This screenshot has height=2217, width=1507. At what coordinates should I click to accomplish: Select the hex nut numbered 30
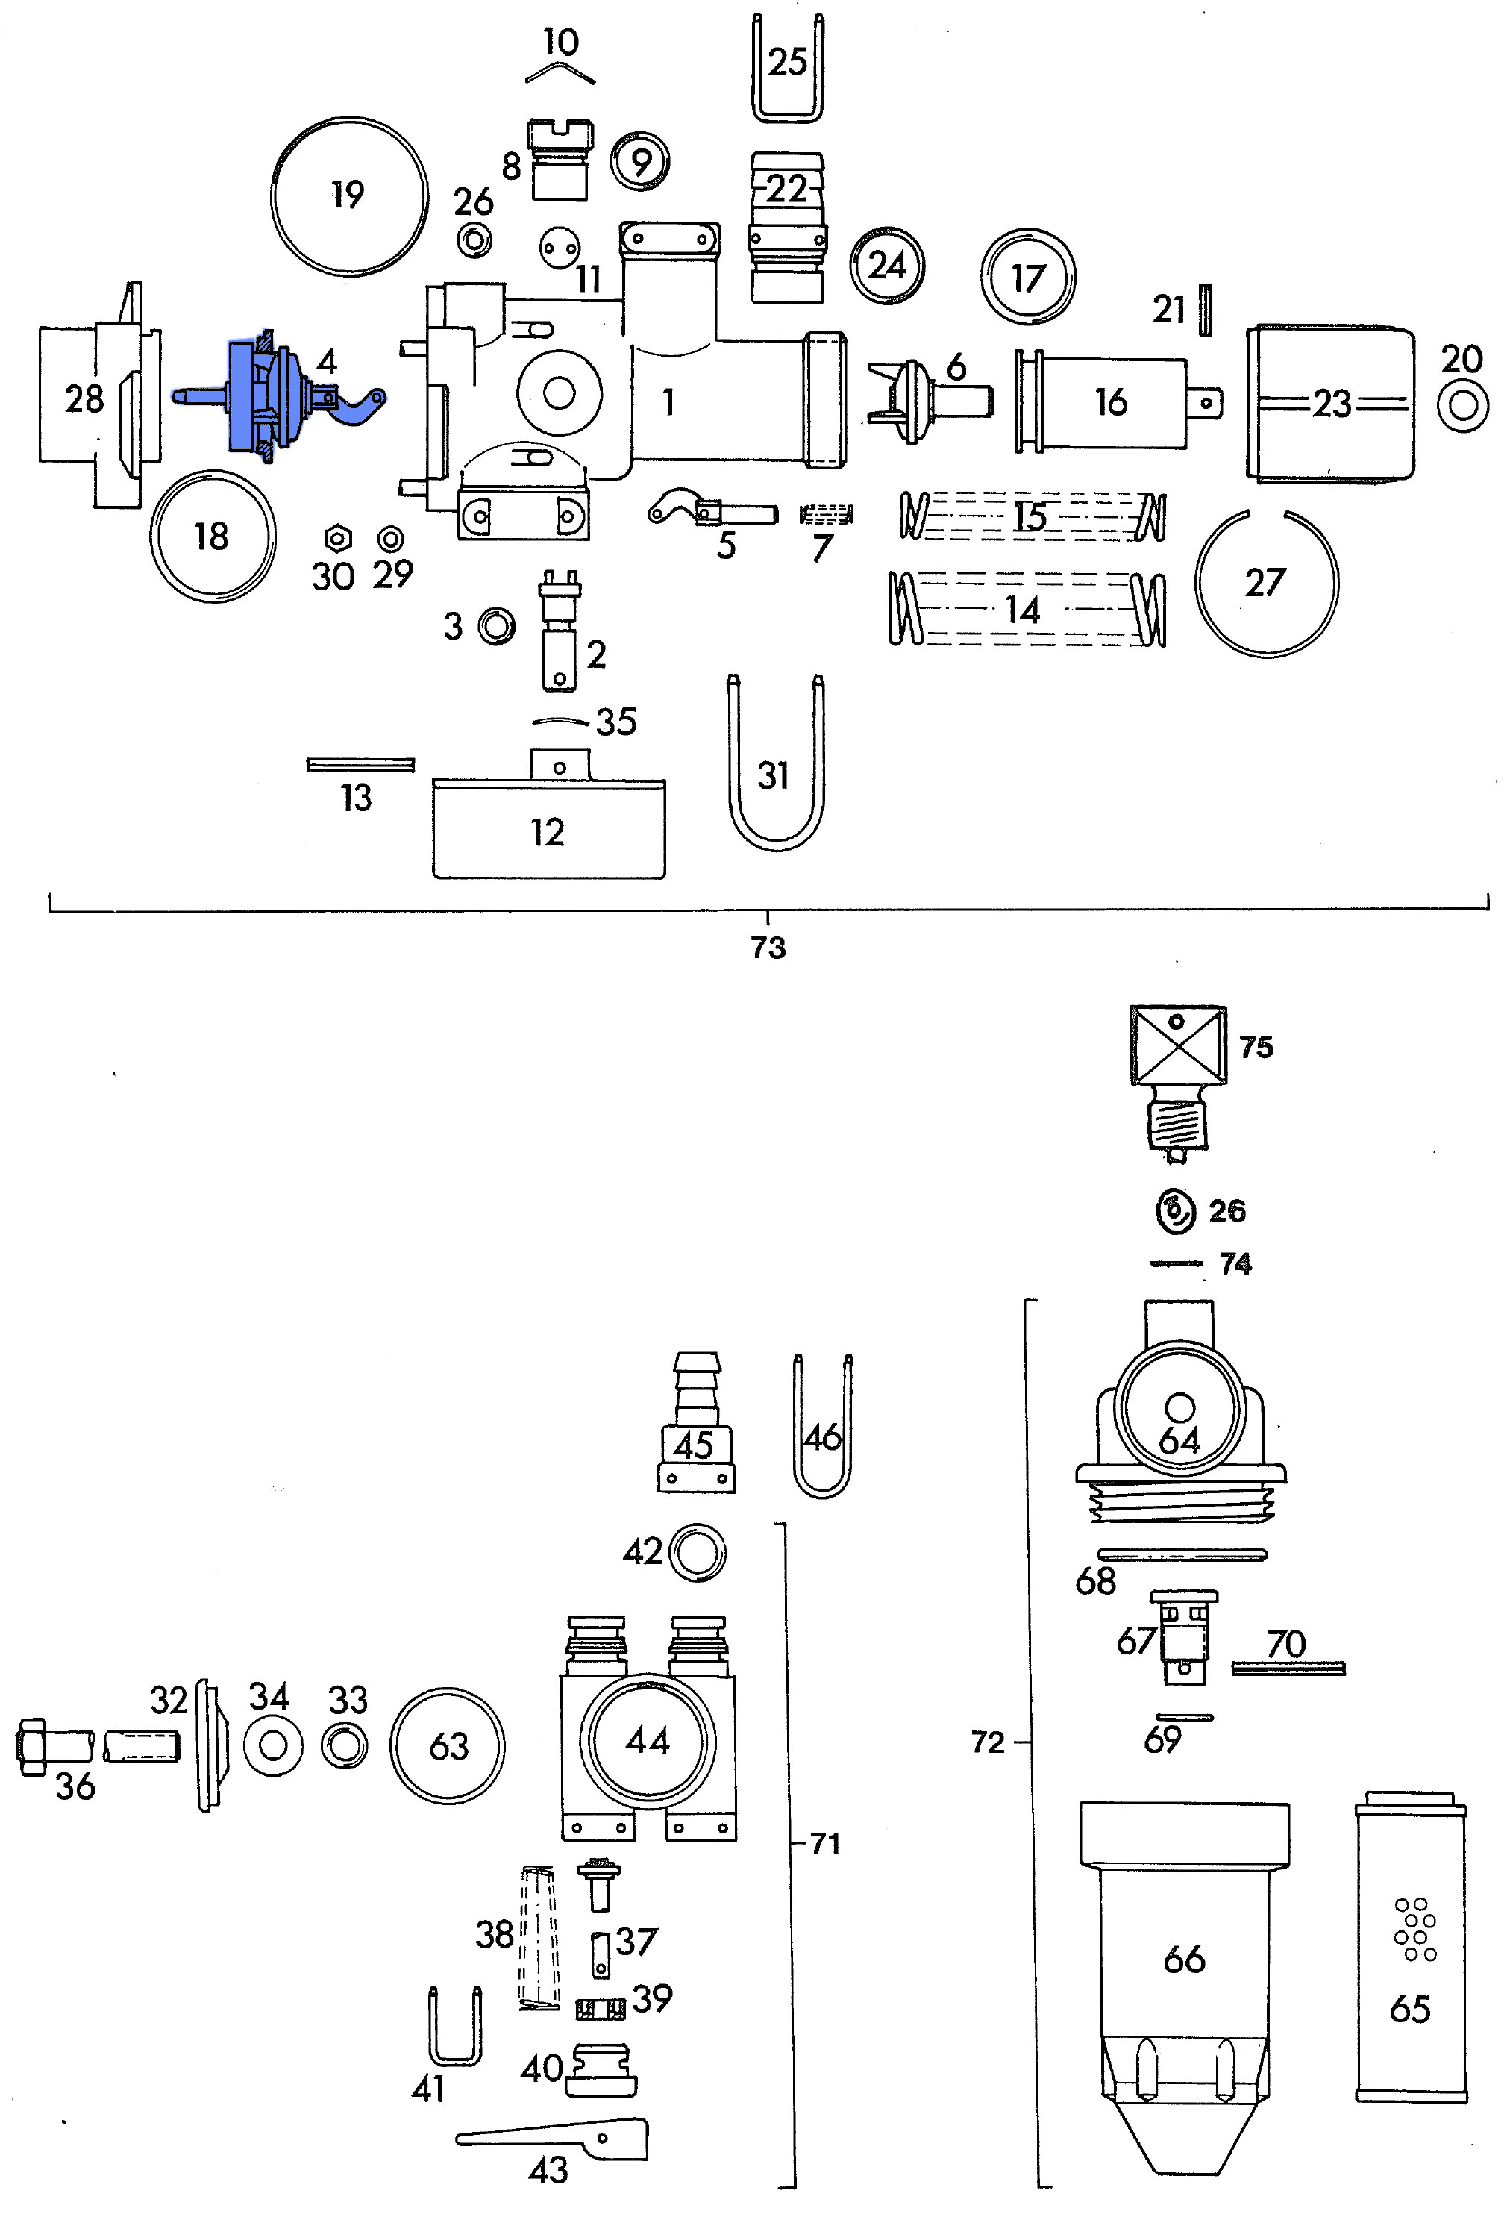(x=336, y=539)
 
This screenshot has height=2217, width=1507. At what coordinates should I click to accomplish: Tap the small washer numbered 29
(x=390, y=539)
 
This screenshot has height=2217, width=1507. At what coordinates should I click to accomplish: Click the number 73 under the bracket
(x=768, y=947)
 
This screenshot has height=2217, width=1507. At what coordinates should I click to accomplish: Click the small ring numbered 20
(x=1462, y=405)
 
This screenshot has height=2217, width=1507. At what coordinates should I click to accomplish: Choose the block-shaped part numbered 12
(x=548, y=828)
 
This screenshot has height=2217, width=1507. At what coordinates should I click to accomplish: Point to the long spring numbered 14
(x=1025, y=609)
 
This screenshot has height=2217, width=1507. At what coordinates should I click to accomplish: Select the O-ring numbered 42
(x=698, y=1552)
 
